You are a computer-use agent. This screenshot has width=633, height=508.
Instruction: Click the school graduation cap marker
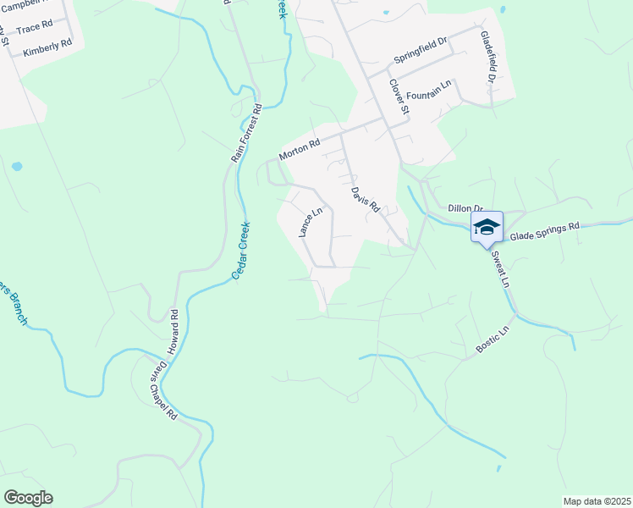pyautogui.click(x=487, y=227)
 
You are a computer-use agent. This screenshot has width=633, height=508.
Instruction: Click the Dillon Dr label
pyautogui.click(x=465, y=208)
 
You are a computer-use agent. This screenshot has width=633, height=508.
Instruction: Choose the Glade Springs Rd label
pyautogui.click(x=544, y=228)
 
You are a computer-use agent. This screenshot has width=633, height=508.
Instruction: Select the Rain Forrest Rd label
pyautogui.click(x=247, y=134)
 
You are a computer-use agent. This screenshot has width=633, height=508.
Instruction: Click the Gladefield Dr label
pyautogui.click(x=487, y=57)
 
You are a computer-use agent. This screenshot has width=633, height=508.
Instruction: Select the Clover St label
pyautogui.click(x=399, y=97)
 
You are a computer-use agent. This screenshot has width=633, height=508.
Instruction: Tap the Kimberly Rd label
pyautogui.click(x=47, y=49)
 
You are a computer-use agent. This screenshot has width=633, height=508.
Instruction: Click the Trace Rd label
pyautogui.click(x=34, y=29)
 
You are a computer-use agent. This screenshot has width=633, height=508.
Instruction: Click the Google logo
pyautogui.click(x=28, y=498)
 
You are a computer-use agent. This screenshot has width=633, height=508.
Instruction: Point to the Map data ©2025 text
pyautogui.click(x=596, y=501)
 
